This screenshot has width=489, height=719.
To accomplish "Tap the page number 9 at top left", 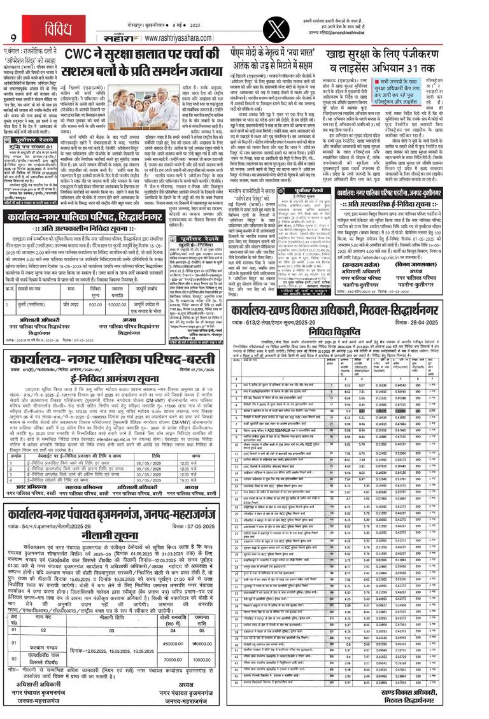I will (x=12, y=36).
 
